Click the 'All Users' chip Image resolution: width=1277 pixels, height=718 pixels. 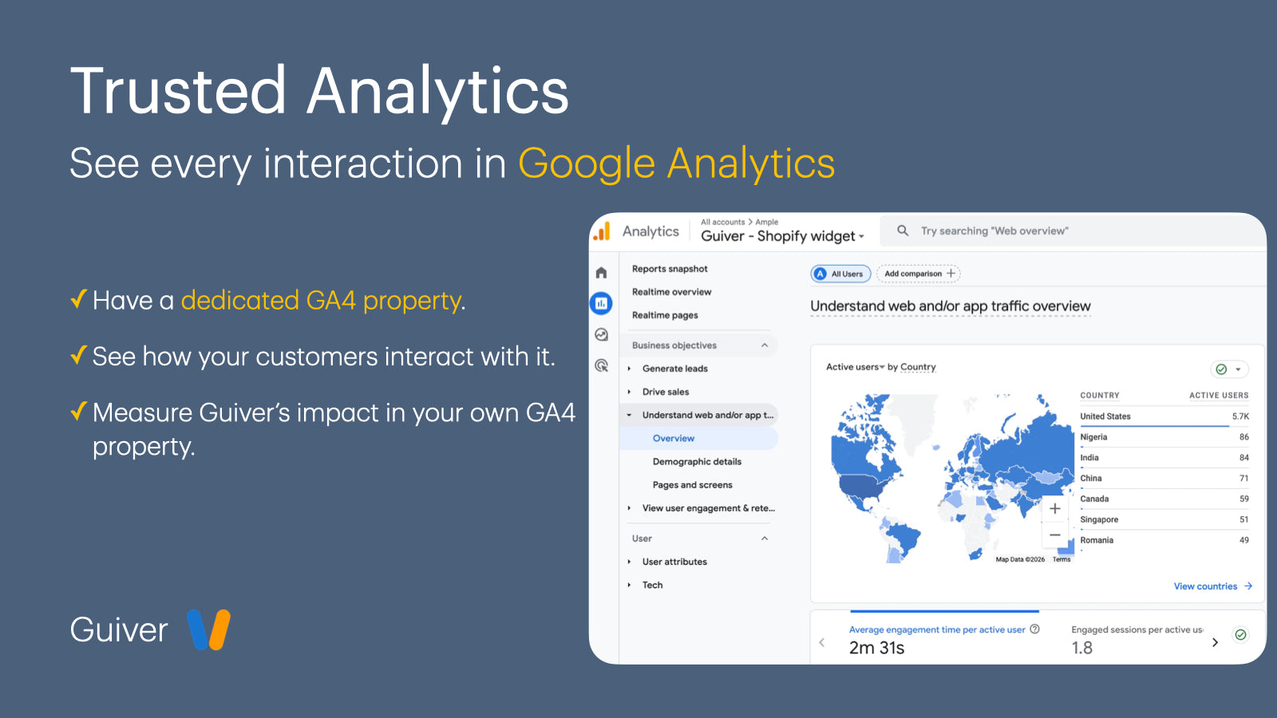click(840, 274)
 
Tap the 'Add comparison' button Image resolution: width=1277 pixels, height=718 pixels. click(919, 274)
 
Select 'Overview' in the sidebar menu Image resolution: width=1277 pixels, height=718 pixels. click(674, 438)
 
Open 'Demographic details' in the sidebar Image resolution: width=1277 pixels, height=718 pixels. click(697, 462)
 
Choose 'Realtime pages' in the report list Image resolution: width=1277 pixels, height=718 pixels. click(665, 315)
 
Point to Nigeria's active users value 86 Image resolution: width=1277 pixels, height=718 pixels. click(1244, 437)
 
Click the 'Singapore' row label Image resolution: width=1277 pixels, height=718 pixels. click(1098, 519)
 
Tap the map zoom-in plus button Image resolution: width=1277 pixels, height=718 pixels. click(1054, 508)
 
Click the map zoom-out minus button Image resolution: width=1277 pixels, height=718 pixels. click(1054, 535)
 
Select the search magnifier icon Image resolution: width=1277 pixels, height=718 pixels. click(903, 231)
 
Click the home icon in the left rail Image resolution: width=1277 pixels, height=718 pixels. click(602, 273)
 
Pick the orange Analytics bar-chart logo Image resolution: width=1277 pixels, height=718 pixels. click(602, 231)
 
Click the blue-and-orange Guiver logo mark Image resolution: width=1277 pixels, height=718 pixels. click(208, 629)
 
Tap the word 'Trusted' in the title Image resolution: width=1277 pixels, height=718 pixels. click(177, 91)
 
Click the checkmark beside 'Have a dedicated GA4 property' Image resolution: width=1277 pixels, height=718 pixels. click(79, 298)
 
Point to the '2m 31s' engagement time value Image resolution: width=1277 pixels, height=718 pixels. click(876, 648)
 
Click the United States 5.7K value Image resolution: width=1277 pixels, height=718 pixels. click(1240, 416)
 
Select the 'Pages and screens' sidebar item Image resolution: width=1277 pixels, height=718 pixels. click(692, 485)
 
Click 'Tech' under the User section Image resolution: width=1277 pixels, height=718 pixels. click(652, 586)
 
